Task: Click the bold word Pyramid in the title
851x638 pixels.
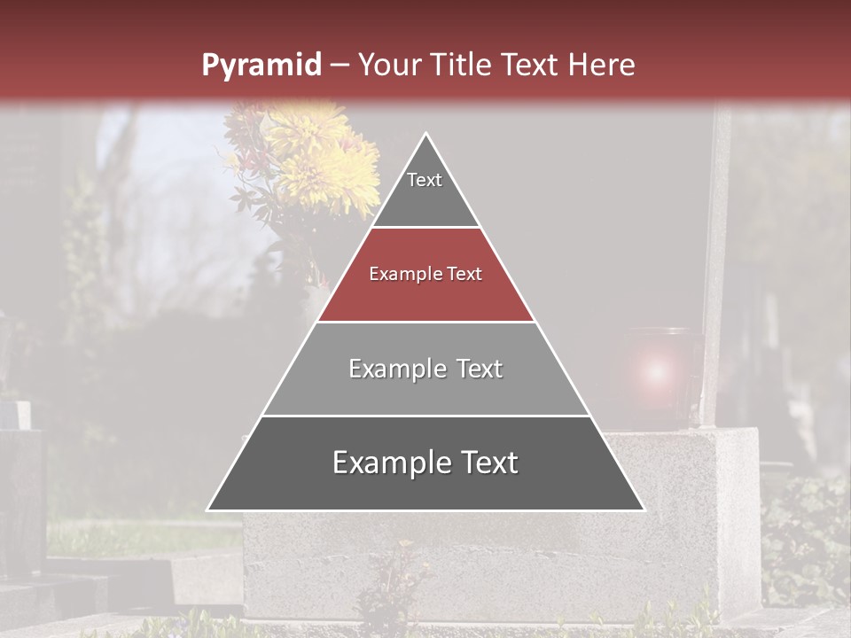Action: [261, 66]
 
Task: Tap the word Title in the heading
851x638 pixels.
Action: [461, 66]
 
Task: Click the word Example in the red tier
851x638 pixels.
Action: [399, 275]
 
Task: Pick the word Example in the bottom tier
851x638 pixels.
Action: [388, 463]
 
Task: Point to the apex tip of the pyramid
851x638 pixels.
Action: [425, 134]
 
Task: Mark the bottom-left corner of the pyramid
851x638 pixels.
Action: [207, 510]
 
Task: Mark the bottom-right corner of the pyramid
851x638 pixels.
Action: [644, 510]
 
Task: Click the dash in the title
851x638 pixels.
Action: [340, 66]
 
